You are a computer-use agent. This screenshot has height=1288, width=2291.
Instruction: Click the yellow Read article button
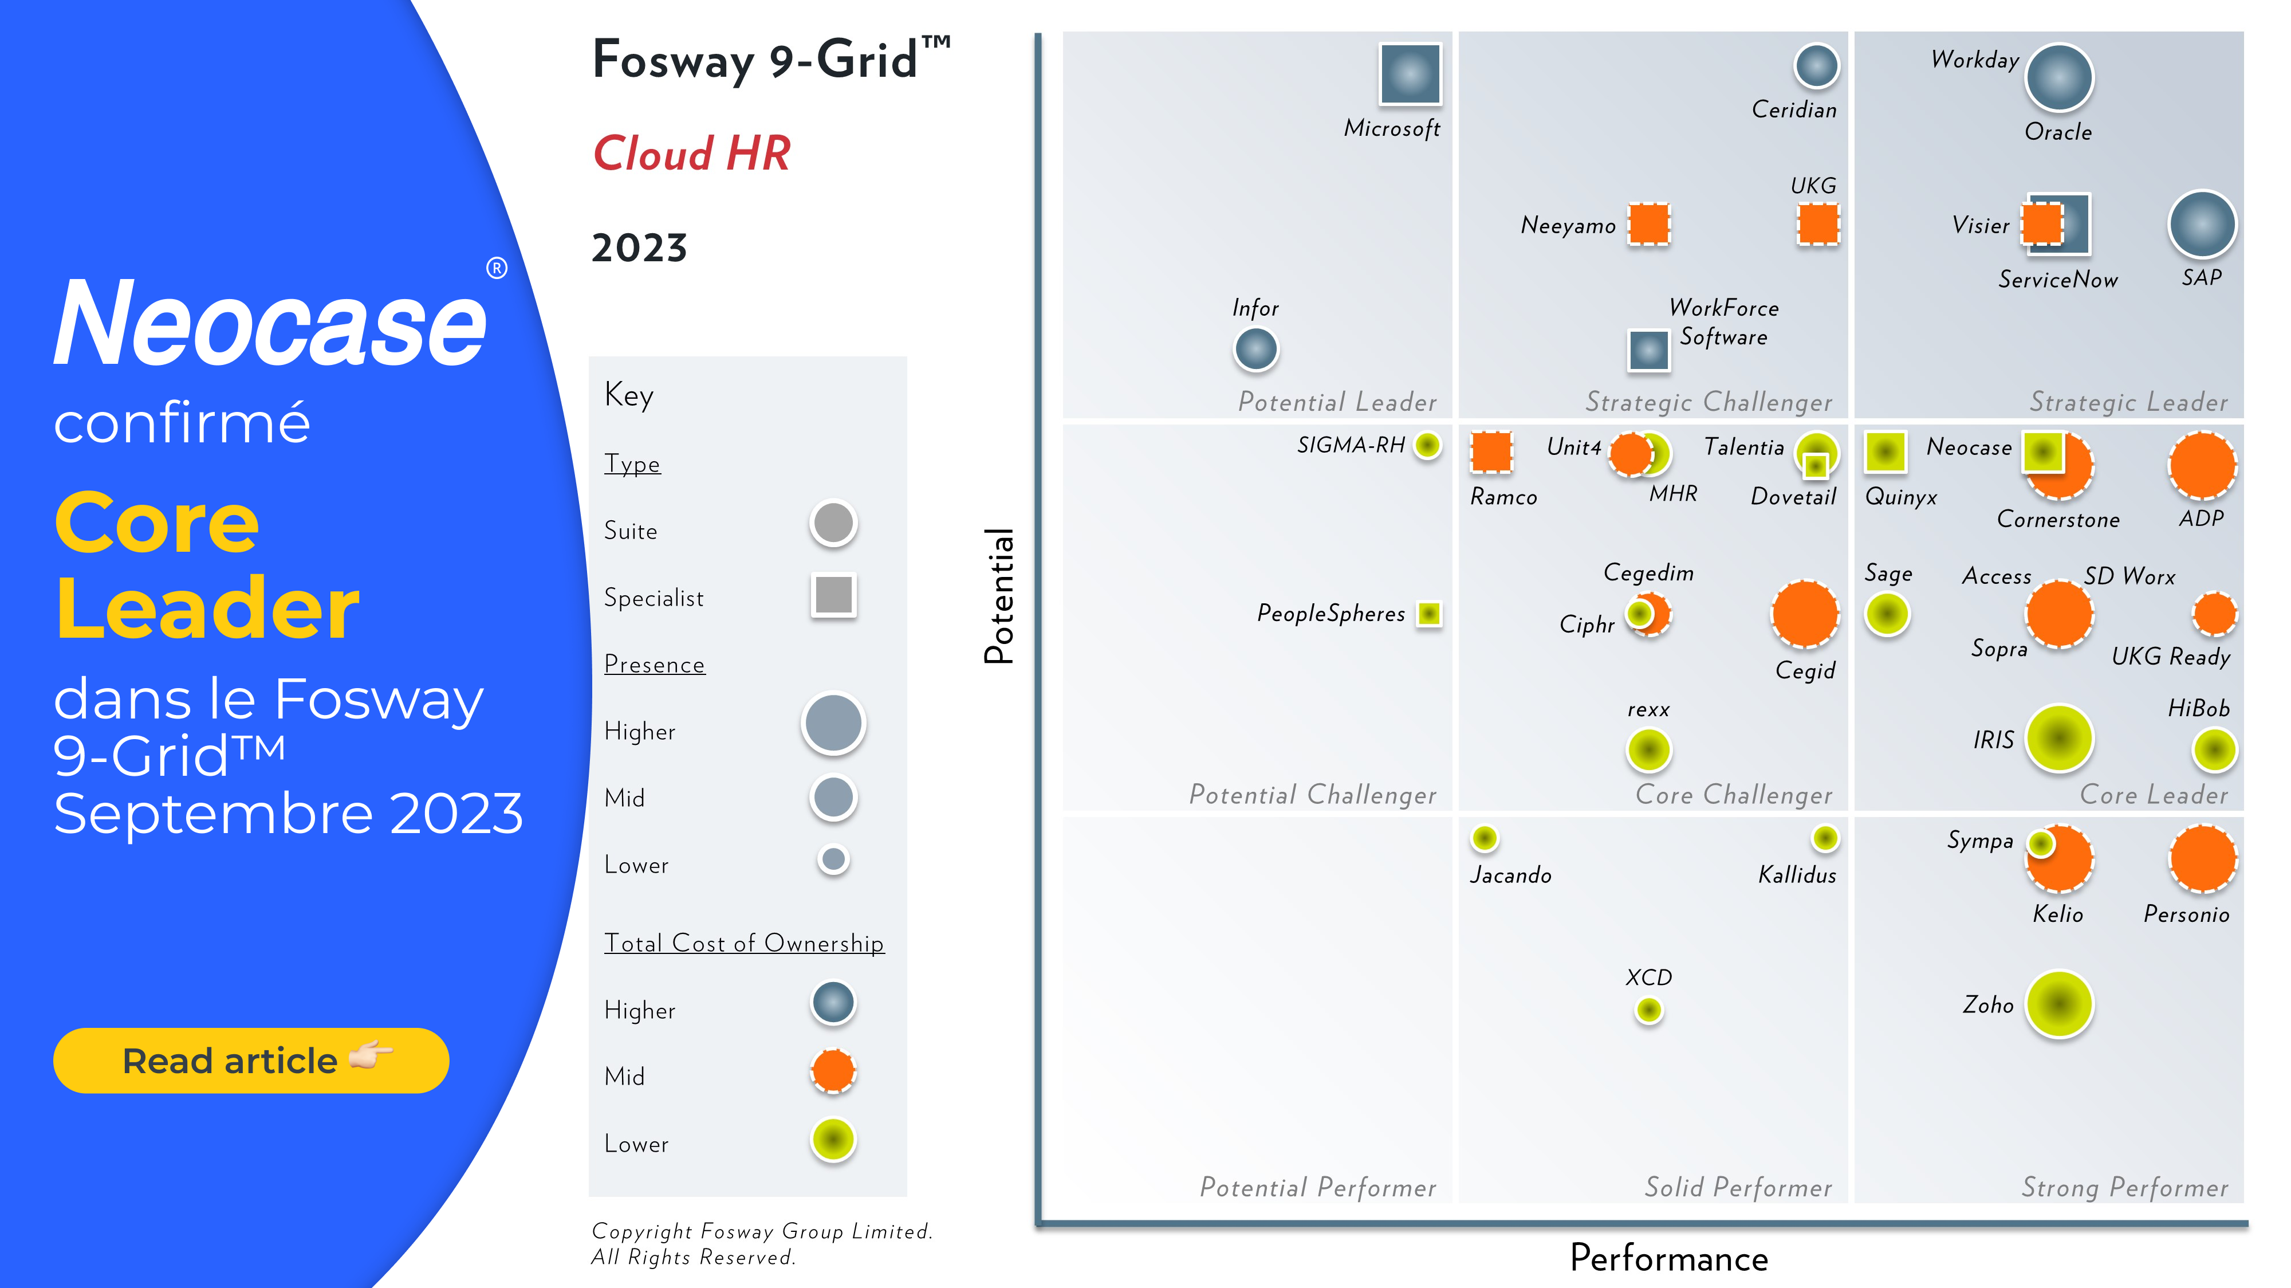[251, 1061]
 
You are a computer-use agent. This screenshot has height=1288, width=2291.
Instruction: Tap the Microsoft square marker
[1410, 74]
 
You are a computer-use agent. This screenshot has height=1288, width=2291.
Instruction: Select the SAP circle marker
[2202, 224]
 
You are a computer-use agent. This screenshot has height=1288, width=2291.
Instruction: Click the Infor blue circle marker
[1256, 349]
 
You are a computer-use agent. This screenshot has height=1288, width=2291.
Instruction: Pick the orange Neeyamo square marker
[1649, 223]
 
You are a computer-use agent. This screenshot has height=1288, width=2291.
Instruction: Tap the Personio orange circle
[2202, 858]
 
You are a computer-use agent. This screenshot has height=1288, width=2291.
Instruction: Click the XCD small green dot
[1649, 1010]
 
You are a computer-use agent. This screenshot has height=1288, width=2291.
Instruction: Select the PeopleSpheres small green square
[1429, 613]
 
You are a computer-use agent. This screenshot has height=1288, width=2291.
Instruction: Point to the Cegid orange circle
[1805, 614]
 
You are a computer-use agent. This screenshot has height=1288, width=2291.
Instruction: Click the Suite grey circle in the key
[833, 523]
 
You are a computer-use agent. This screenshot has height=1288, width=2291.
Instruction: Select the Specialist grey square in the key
[833, 594]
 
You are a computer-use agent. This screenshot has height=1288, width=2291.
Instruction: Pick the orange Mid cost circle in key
[833, 1070]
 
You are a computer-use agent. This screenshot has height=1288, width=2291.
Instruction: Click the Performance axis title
[1668, 1258]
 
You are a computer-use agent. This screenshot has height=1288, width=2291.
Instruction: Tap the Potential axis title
[999, 596]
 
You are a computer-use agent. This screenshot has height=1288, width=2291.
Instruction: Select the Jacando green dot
[1485, 838]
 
